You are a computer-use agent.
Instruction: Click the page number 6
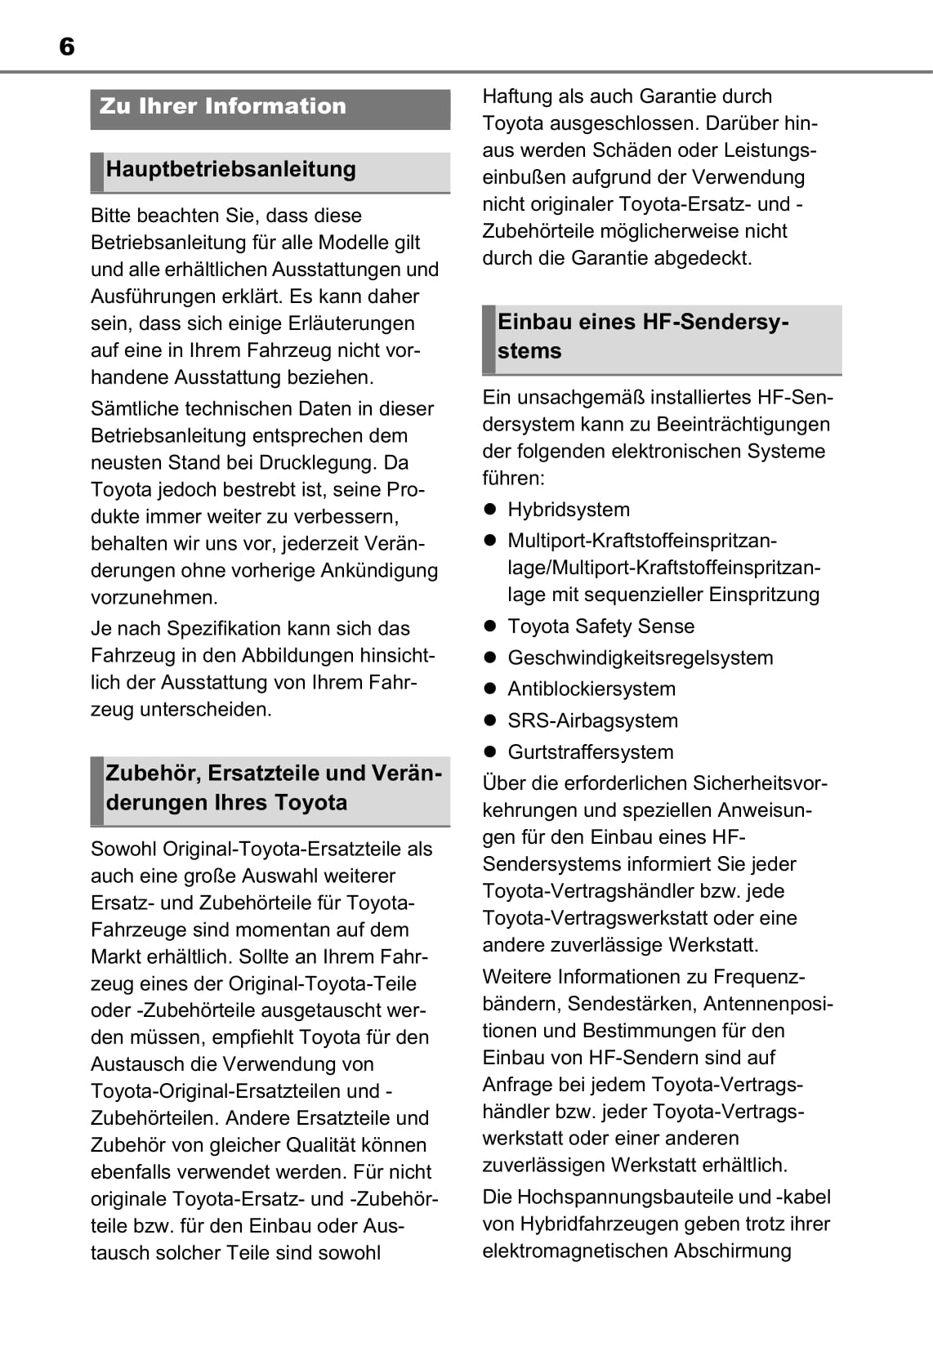(x=67, y=47)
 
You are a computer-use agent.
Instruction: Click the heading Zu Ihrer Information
(x=222, y=106)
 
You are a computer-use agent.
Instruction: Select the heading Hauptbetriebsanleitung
(x=230, y=169)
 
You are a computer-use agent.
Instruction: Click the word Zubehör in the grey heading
(x=152, y=773)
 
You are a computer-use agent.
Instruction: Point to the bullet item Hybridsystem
(x=568, y=510)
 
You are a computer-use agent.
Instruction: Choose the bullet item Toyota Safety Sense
(x=600, y=626)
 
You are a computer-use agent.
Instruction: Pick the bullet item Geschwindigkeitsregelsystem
(x=640, y=658)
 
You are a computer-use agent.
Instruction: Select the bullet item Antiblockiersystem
(x=591, y=689)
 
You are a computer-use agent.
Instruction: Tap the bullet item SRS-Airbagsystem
(x=592, y=720)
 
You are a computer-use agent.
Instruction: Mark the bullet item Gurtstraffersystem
(x=590, y=752)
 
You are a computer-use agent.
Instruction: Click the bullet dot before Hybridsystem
(x=490, y=510)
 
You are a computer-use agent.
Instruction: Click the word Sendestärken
(x=630, y=1004)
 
